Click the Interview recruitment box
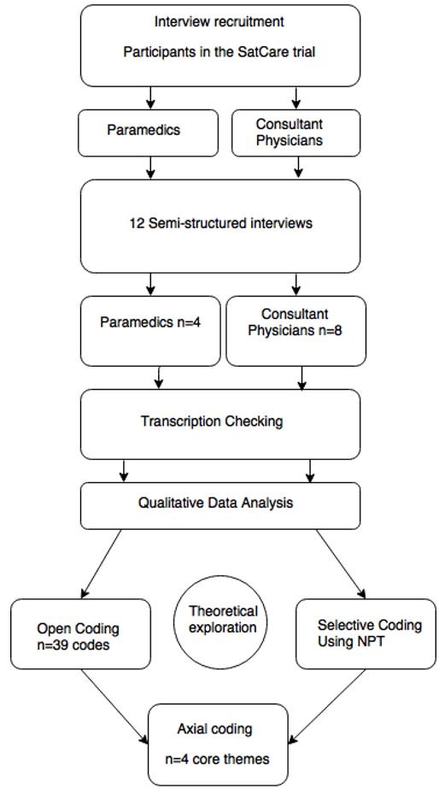(x=220, y=45)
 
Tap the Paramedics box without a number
(x=149, y=132)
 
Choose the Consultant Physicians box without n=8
(x=296, y=132)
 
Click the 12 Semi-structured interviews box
(x=220, y=227)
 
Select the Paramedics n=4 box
(x=150, y=331)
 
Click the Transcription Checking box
(x=220, y=424)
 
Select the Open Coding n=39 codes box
(x=80, y=634)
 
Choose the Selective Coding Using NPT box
(x=366, y=634)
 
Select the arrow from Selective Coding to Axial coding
(x=327, y=706)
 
